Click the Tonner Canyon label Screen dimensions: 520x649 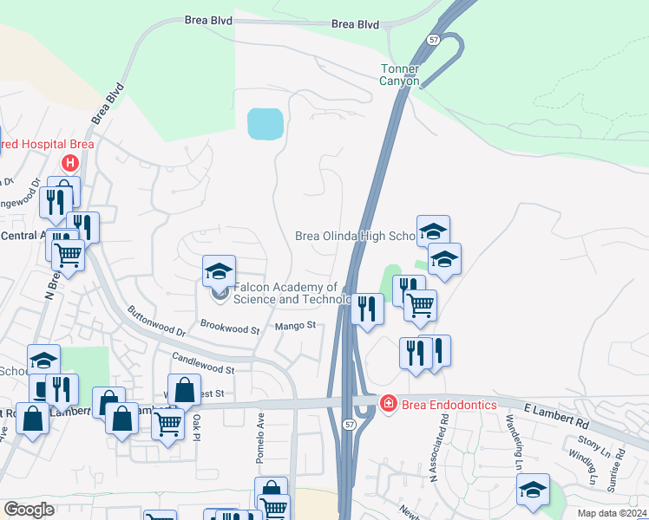(x=399, y=75)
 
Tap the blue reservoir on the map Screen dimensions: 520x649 (x=265, y=124)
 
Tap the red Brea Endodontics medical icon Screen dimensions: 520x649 (x=388, y=403)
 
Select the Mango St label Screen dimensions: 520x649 (x=293, y=326)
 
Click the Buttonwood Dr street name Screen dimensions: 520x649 (x=157, y=321)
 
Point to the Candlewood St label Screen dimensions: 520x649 (x=203, y=363)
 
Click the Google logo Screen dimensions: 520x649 (x=29, y=510)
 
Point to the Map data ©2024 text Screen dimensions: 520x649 (x=611, y=513)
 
